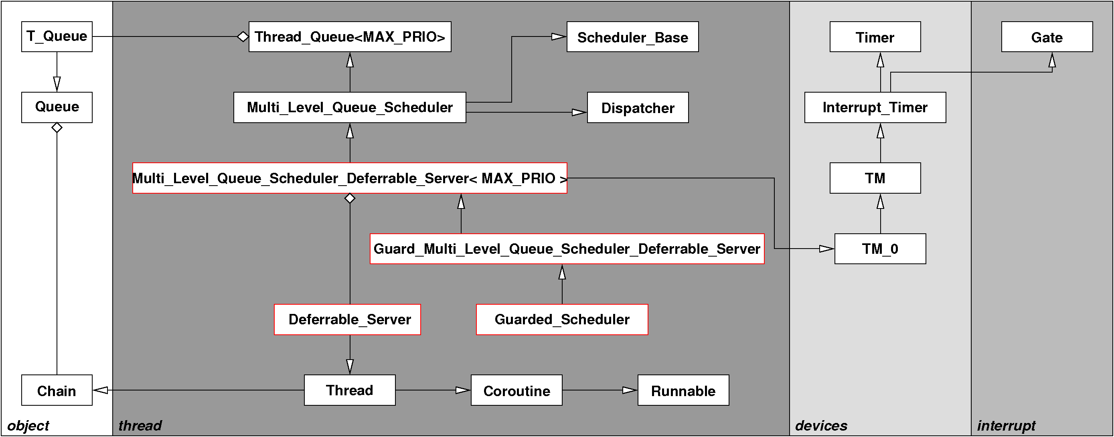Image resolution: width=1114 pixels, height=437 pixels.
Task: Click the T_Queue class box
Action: [57, 37]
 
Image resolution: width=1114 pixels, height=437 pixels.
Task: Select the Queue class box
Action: [57, 107]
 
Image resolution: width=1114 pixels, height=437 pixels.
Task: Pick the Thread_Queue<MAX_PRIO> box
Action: [349, 37]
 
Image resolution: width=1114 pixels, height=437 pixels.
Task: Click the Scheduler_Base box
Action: [632, 37]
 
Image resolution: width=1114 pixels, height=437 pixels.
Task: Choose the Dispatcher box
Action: [638, 107]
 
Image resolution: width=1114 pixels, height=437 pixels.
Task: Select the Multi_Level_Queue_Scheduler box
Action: [349, 107]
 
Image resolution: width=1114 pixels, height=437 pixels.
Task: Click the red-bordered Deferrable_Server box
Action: [347, 320]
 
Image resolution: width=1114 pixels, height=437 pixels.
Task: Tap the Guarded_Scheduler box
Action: [562, 320]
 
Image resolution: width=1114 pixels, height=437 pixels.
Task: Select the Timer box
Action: [875, 37]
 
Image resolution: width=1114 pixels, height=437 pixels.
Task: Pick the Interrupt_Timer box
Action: [875, 107]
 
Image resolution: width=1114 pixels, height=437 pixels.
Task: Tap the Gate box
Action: [1047, 37]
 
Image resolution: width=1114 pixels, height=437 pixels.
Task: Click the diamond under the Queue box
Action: [57, 127]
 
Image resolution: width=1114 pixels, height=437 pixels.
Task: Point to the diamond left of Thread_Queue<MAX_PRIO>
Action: [243, 37]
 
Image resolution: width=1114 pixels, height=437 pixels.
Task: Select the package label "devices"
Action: [821, 425]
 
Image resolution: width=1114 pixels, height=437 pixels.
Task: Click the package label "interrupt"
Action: [1006, 425]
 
